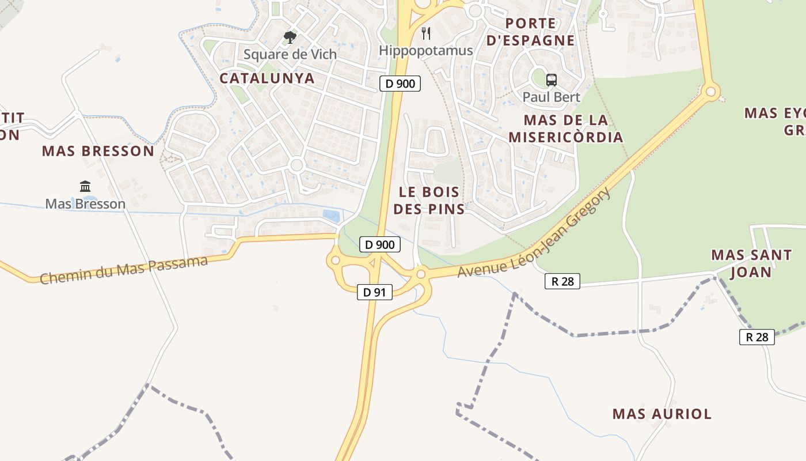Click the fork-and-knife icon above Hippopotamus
(426, 33)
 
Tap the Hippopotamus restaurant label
(426, 51)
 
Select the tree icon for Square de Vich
(290, 38)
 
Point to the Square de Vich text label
(290, 55)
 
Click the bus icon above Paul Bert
(552, 80)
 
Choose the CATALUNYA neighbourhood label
(268, 78)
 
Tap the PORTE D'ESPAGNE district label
(530, 32)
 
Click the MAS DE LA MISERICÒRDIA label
(565, 129)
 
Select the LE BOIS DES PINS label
(429, 201)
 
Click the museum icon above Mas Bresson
(85, 186)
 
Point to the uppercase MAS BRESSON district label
(98, 152)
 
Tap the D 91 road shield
(374, 292)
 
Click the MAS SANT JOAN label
(751, 263)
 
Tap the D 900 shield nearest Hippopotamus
(400, 84)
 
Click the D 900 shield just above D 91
(379, 244)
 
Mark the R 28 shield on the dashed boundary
(756, 337)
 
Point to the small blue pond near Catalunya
(330, 216)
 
